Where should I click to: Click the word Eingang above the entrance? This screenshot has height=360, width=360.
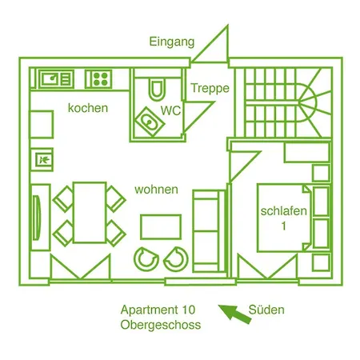click(x=172, y=42)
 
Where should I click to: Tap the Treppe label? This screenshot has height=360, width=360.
click(x=210, y=88)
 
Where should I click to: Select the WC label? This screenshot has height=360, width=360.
click(x=170, y=110)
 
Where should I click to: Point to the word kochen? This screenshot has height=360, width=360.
click(x=88, y=108)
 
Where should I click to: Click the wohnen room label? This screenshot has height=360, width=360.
click(x=156, y=190)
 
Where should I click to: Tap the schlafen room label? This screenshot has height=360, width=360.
click(x=284, y=211)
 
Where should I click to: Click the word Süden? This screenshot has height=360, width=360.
click(x=266, y=310)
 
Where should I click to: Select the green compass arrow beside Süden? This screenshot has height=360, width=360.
click(x=234, y=314)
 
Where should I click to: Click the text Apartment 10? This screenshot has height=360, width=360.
click(x=158, y=310)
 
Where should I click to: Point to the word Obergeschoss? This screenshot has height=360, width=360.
click(x=161, y=325)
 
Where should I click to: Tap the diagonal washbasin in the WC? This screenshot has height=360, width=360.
click(x=150, y=122)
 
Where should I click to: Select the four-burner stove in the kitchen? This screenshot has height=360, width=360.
click(x=98, y=79)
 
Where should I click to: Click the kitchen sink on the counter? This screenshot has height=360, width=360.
click(x=56, y=79)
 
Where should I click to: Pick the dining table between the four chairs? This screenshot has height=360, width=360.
click(x=90, y=213)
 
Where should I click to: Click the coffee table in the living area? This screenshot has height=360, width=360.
click(x=161, y=226)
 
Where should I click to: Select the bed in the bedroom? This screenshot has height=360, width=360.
click(x=285, y=218)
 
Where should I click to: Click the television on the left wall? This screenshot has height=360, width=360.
click(x=37, y=218)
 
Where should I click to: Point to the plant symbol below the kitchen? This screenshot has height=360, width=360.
click(x=44, y=160)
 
